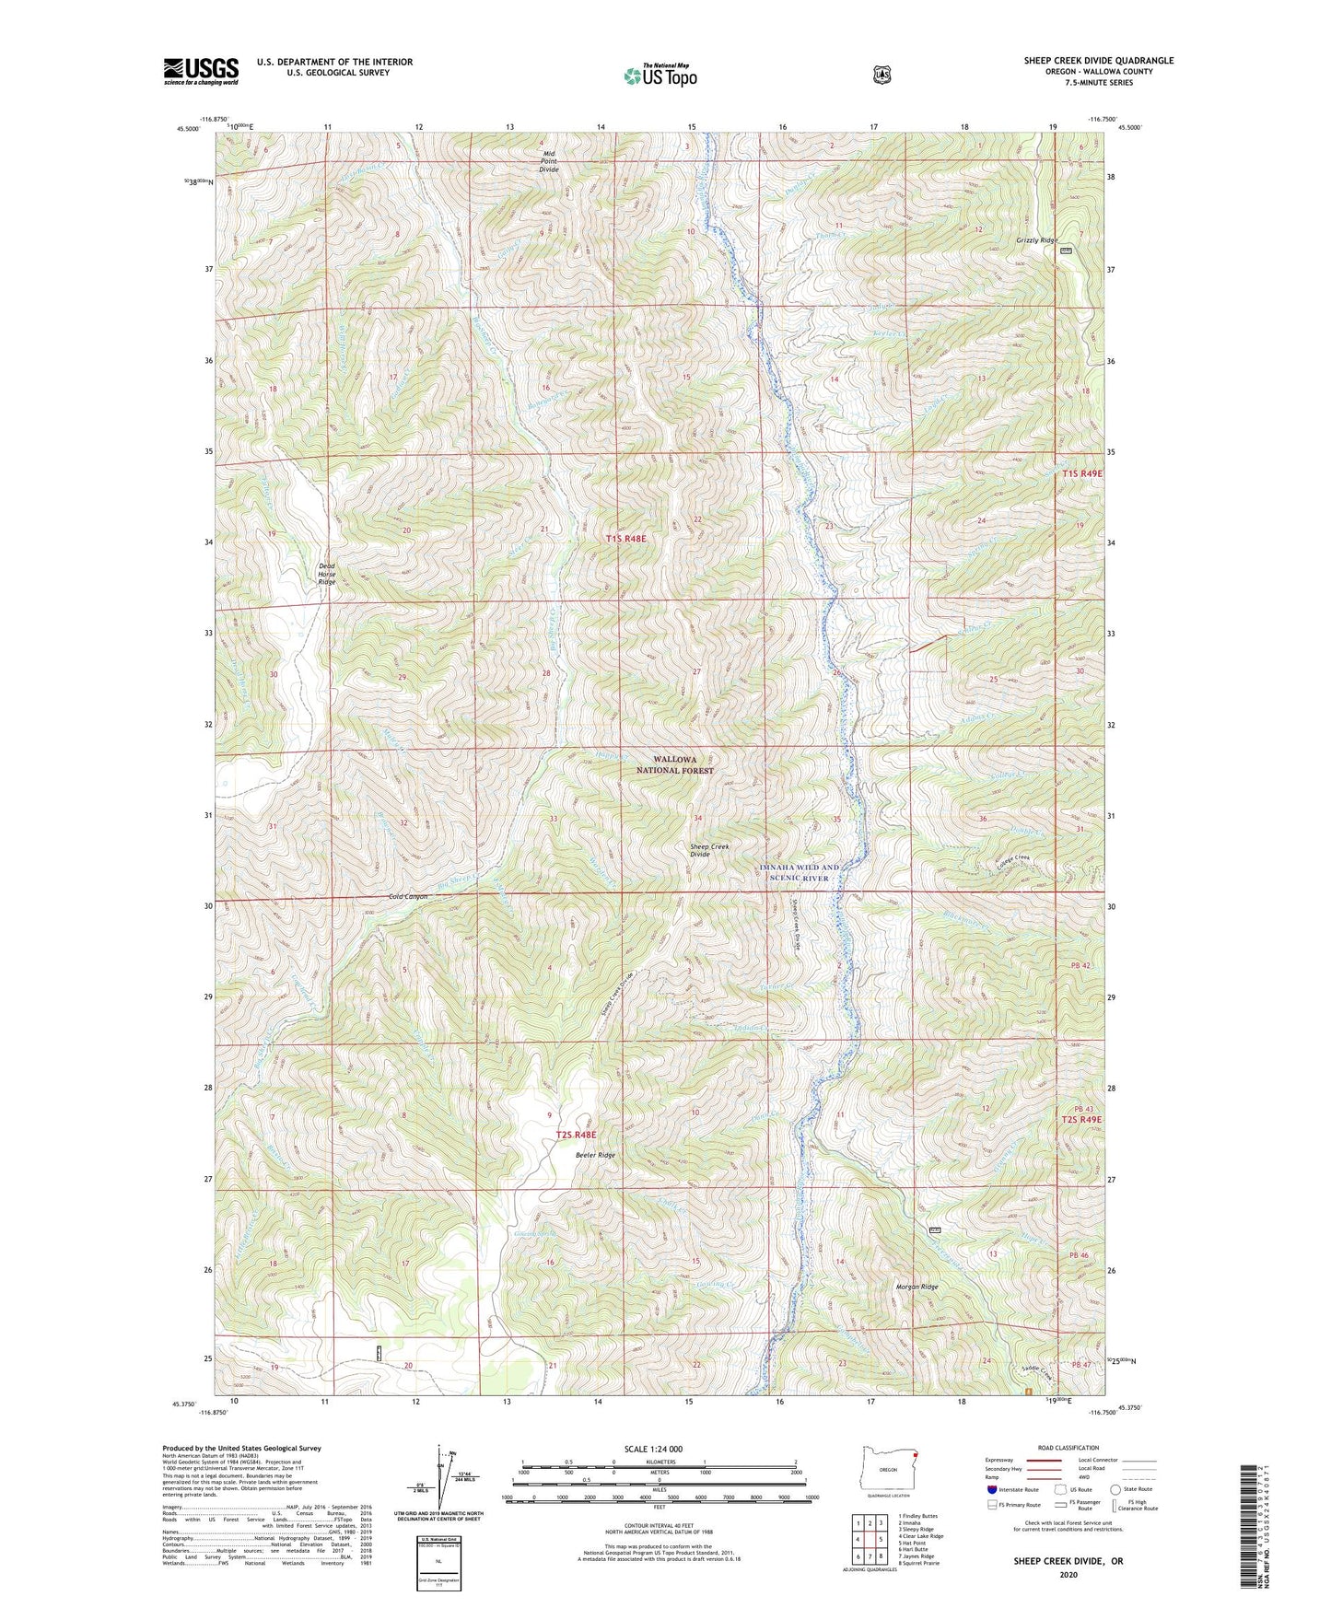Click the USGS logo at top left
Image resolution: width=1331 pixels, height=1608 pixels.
pos(201,71)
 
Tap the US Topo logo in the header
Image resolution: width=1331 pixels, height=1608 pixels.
pos(660,76)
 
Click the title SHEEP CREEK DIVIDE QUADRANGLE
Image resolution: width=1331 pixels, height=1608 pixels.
pos(1098,61)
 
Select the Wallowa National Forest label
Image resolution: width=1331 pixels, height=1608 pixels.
pos(683,764)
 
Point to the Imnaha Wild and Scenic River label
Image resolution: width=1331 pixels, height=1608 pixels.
pos(800,872)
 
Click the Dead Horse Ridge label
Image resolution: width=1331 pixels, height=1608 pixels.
pos(327,574)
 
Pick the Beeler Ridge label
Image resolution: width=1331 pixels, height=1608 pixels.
pos(595,1154)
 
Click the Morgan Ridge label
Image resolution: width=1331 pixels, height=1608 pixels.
pos(917,1287)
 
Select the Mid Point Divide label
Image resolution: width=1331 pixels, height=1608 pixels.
pos(549,161)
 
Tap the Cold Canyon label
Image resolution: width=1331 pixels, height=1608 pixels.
pos(408,896)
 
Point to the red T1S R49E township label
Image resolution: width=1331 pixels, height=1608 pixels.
pos(1081,472)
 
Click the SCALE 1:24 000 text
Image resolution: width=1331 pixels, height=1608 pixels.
pos(653,1449)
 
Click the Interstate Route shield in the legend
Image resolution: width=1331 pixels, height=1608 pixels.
pos(991,1488)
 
